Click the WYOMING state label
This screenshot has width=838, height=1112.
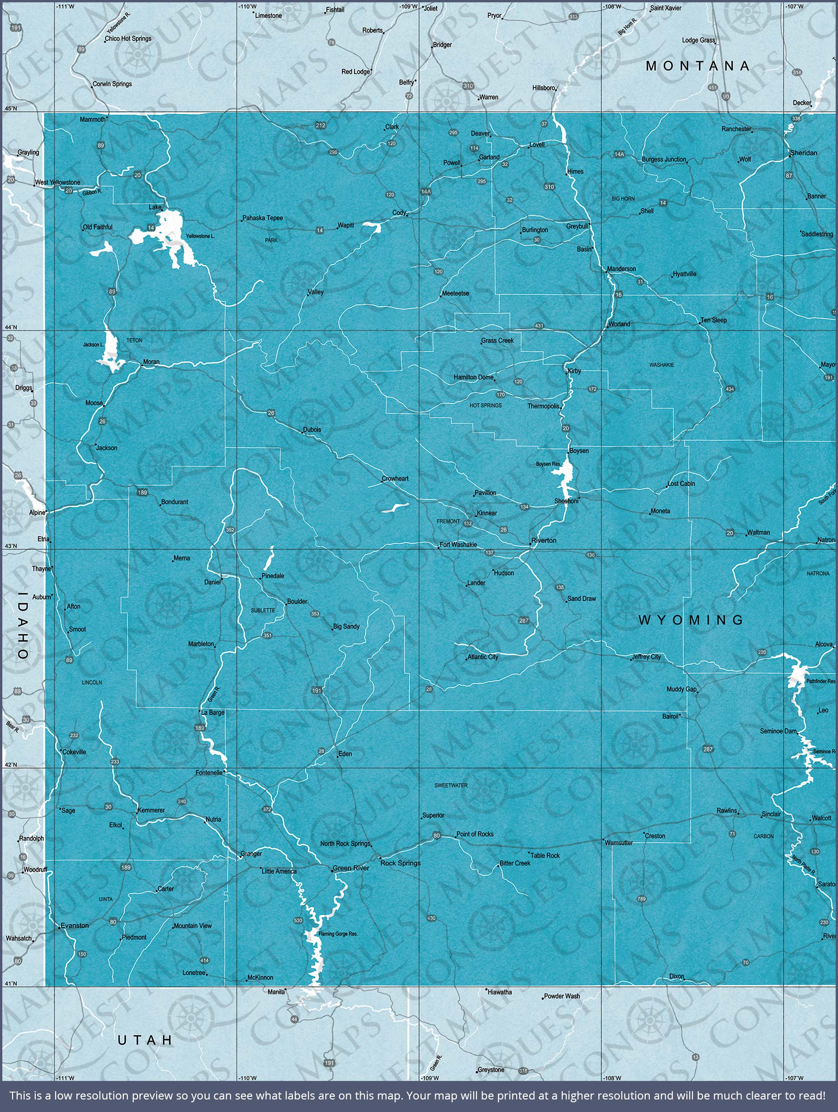691,620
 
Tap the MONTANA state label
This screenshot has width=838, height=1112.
698,66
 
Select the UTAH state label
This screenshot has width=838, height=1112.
145,1040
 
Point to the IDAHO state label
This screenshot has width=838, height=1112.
23,625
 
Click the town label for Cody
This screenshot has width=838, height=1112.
399,213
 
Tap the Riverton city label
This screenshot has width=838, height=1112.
544,540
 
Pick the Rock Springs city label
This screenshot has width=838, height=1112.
400,863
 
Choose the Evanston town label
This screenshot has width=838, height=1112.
75,925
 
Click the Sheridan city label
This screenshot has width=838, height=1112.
804,153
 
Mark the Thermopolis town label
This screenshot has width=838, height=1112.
543,406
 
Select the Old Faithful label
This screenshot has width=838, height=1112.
98,227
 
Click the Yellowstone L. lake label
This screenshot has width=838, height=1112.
200,236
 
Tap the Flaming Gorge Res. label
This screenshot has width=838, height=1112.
338,934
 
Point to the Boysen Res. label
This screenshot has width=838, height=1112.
548,464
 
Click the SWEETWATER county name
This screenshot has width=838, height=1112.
451,785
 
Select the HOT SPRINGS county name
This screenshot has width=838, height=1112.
485,406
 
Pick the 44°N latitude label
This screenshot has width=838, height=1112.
11,327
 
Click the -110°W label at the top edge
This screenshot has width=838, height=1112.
247,6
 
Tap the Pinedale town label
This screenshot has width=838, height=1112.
273,576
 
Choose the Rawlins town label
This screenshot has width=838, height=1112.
727,811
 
